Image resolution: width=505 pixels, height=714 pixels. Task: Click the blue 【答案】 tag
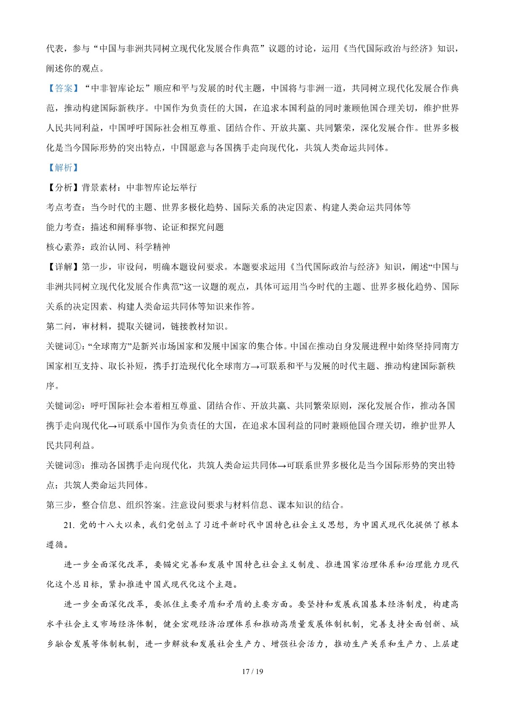(62, 88)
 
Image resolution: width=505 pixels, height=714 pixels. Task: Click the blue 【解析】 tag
(62, 167)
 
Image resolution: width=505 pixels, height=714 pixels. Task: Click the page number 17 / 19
(252, 672)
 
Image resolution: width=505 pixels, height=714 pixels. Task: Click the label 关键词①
(66, 346)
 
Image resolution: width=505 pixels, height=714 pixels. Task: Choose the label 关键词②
(66, 406)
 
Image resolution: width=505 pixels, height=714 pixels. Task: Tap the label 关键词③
(66, 466)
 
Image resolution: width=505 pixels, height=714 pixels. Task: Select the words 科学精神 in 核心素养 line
(153, 247)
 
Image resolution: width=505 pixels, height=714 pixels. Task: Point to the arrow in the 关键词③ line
(282, 466)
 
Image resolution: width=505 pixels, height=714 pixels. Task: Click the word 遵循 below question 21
(55, 545)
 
